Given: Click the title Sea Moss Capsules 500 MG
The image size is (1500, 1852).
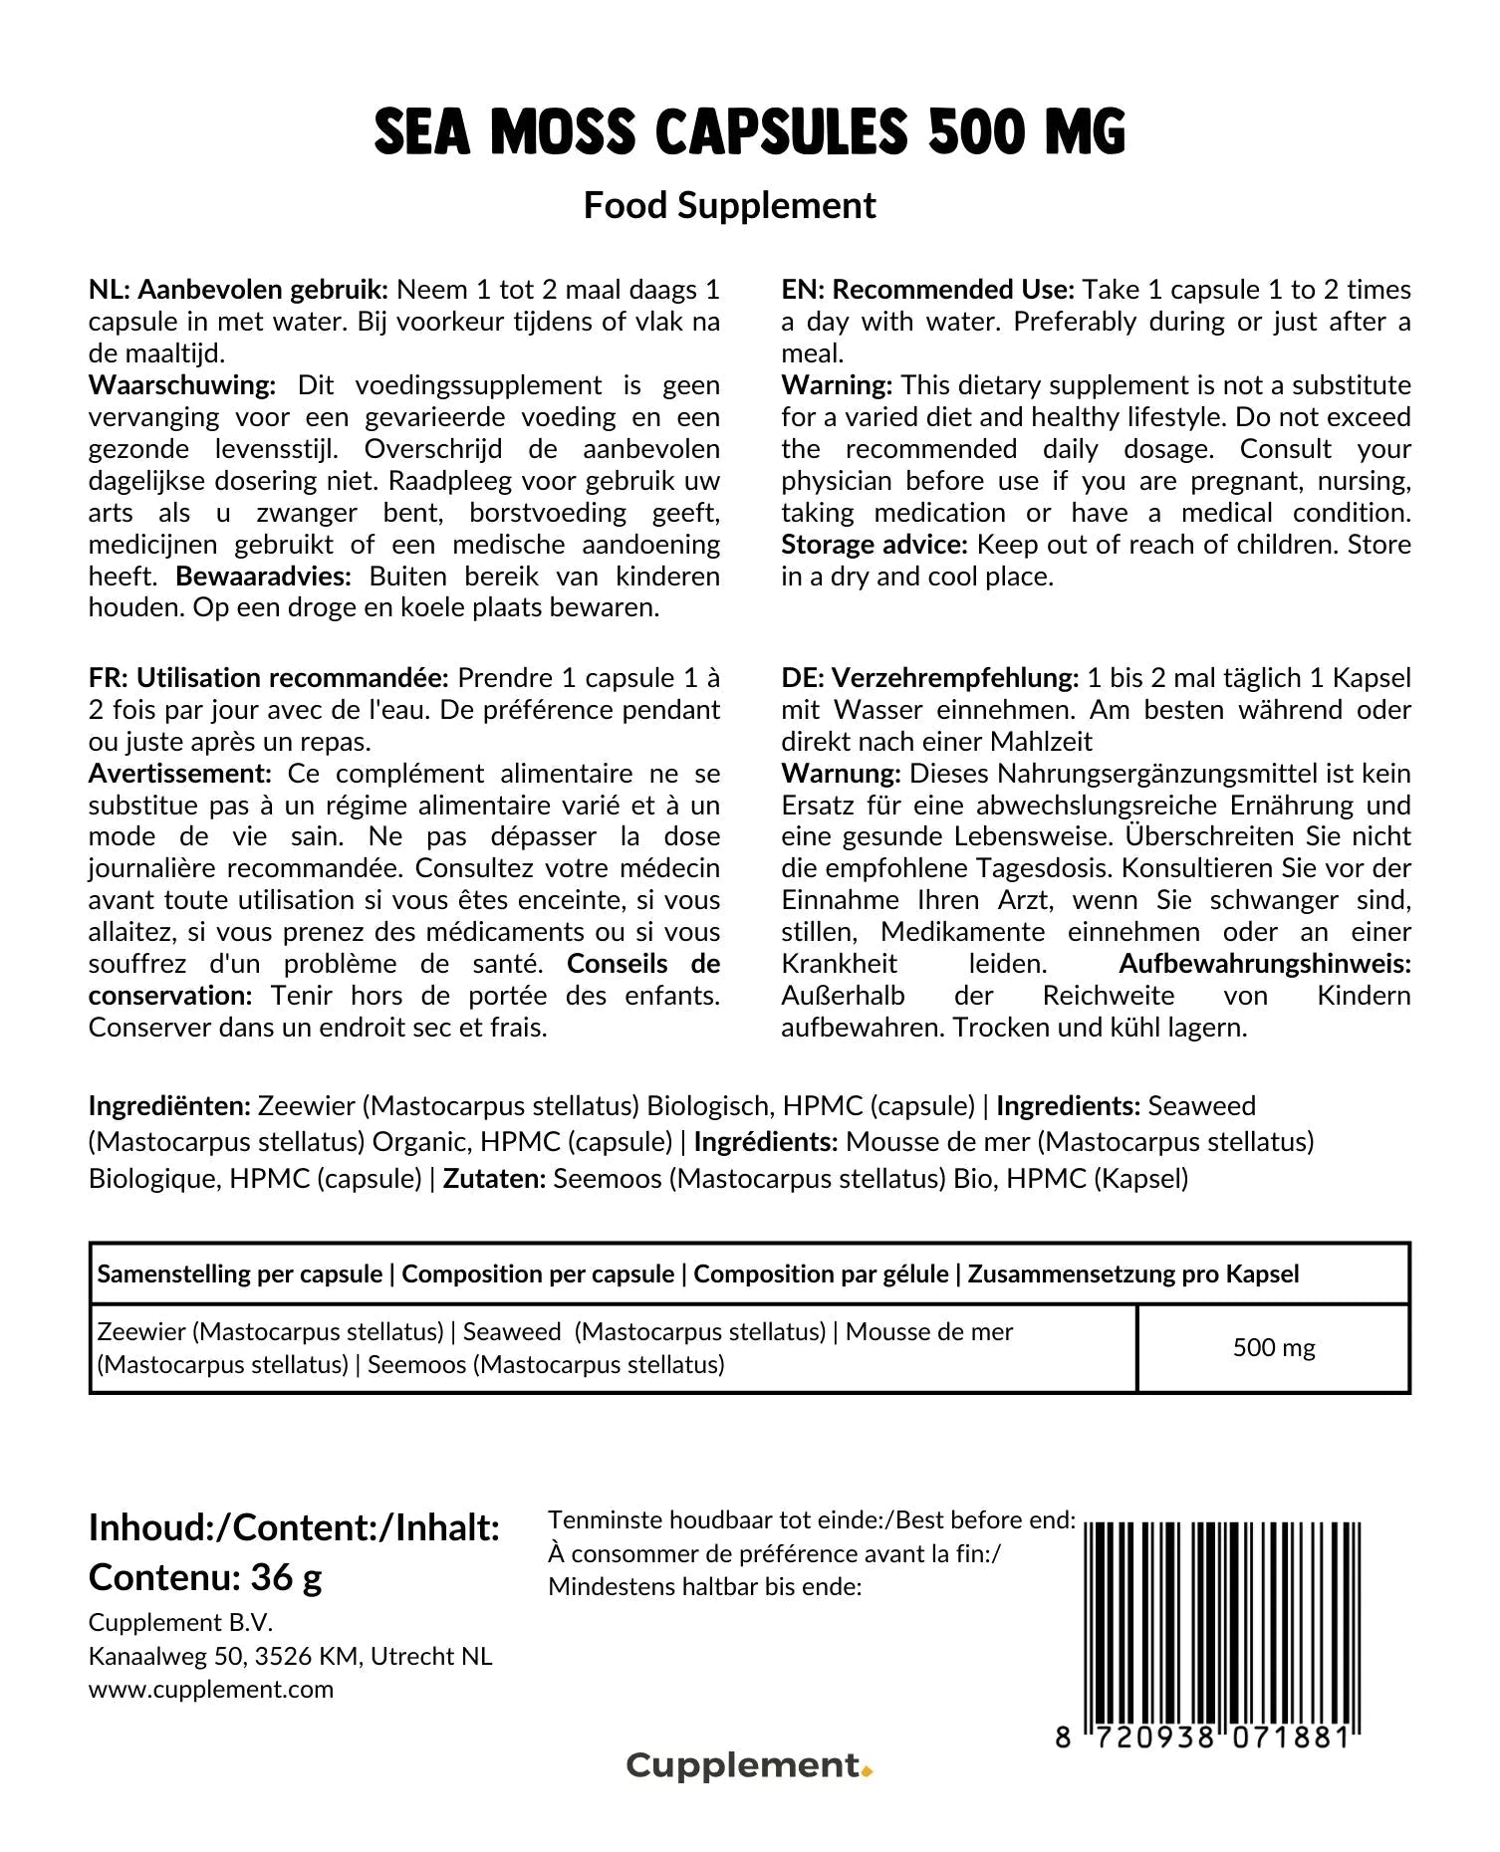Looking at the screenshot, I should [x=749, y=132].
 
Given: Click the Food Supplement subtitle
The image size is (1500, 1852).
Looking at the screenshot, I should [x=729, y=206].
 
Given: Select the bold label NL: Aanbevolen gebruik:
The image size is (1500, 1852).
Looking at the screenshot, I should [x=238, y=290].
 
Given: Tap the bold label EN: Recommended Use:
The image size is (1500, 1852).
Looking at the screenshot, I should [x=927, y=290].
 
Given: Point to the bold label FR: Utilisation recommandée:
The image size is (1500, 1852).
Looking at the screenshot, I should [x=269, y=678].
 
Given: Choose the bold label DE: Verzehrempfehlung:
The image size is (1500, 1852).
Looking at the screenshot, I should [x=929, y=678].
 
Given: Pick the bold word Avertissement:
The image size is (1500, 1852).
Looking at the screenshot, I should [x=179, y=774].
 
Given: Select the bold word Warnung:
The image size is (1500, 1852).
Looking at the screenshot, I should [x=841, y=774].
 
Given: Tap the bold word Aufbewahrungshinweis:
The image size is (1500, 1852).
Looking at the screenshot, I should [x=1264, y=964].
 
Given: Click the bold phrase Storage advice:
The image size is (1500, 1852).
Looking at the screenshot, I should [x=874, y=545].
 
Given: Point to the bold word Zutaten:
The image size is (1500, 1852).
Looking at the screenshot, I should [x=494, y=1179].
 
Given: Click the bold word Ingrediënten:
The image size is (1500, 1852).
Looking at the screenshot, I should [x=169, y=1106].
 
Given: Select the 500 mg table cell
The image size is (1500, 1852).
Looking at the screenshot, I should [x=1273, y=1348].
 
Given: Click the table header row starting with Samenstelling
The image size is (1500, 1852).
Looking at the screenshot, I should [x=697, y=1274].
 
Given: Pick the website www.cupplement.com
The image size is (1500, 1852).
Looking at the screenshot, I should [x=211, y=1690].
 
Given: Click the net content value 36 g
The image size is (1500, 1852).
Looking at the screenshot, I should [x=286, y=1577].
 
